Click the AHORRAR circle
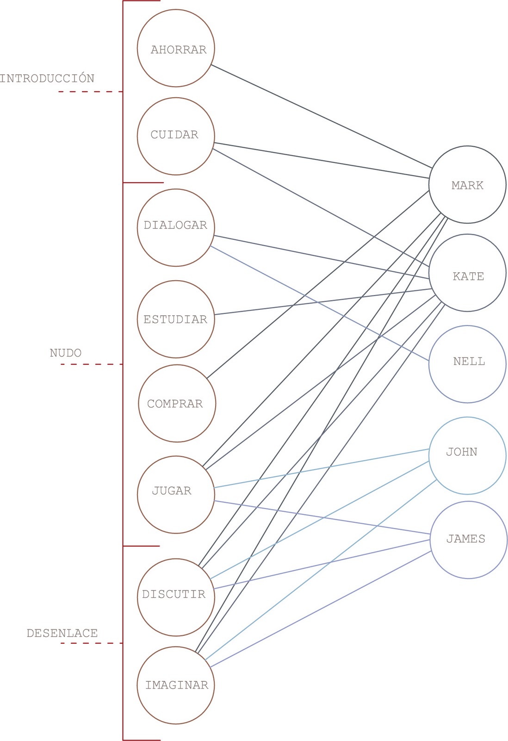pyautogui.click(x=176, y=48)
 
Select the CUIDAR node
pyautogui.click(x=176, y=136)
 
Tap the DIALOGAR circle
pyautogui.click(x=176, y=227)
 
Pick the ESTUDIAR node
pyautogui.click(x=176, y=319)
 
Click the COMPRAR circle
pyautogui.click(x=177, y=403)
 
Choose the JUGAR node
pyautogui.click(x=176, y=495)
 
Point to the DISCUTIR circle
pyautogui.click(x=176, y=597)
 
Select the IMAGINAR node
pyautogui.click(x=176, y=685)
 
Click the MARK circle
pyautogui.click(x=467, y=185)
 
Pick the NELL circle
pyautogui.click(x=467, y=364)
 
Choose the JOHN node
pyautogui.click(x=467, y=456)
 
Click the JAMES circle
pyautogui.click(x=469, y=540)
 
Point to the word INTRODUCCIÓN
pyautogui.click(x=47, y=78)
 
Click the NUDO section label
pyautogui.click(x=66, y=353)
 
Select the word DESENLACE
pyautogui.click(x=62, y=633)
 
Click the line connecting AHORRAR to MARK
pyautogui.click(x=321, y=116)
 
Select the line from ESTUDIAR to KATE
pyautogui.click(x=322, y=301)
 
